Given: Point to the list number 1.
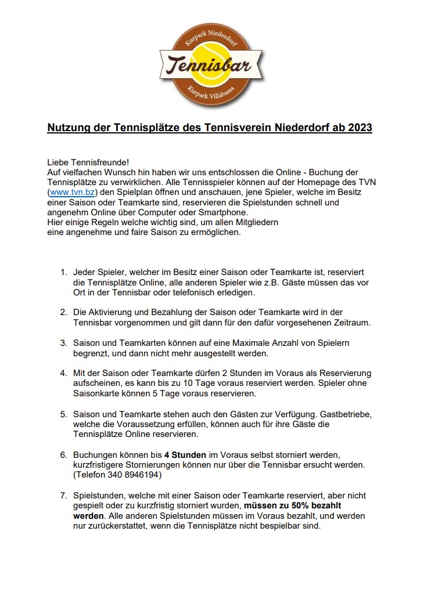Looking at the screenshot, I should click(63, 272).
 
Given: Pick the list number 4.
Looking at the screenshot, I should click(63, 373).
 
